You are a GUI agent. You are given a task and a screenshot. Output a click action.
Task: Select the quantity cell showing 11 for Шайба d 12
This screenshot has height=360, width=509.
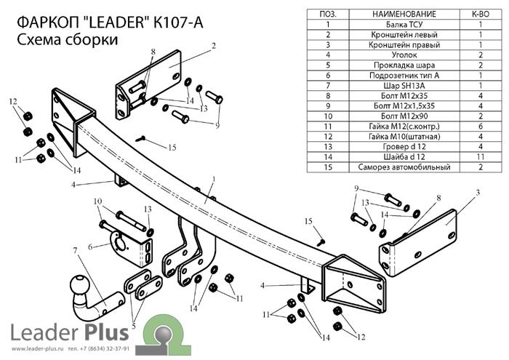[x=481, y=156]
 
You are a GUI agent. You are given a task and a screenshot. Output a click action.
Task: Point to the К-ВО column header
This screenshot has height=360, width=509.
[x=481, y=14]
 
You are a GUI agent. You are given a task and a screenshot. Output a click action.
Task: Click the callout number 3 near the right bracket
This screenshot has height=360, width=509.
[x=478, y=192]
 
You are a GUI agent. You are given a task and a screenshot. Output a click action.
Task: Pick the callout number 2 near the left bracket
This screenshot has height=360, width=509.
[x=215, y=46]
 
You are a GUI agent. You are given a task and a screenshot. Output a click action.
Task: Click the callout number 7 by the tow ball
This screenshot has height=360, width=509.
[x=74, y=251]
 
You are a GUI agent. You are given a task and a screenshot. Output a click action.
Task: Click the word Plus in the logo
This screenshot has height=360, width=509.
[x=106, y=332]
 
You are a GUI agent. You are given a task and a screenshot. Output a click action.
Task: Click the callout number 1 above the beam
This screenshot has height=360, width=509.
[x=214, y=179]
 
